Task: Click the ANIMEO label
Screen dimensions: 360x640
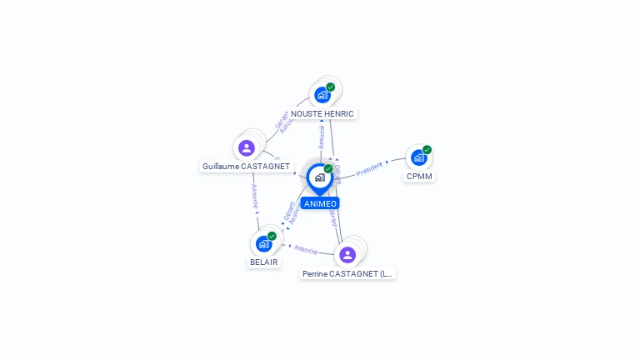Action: [x=320, y=203]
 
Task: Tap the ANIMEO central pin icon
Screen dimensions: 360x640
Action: [x=319, y=177]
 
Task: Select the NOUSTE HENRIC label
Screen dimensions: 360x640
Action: [x=322, y=113]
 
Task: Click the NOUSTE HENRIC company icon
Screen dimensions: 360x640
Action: [x=322, y=94]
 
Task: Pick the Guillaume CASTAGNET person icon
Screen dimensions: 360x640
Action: [x=247, y=148]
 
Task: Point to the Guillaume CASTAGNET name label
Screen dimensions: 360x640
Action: [x=246, y=167]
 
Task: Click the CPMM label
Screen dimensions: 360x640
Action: [x=419, y=176]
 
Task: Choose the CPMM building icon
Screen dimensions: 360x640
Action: [x=418, y=157]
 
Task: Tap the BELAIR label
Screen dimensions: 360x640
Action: [x=264, y=262]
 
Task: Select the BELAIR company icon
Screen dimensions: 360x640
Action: [x=264, y=243]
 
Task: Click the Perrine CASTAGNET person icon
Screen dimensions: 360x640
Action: [x=347, y=254]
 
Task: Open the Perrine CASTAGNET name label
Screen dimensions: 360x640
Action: [x=347, y=273]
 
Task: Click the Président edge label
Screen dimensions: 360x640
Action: [x=369, y=168]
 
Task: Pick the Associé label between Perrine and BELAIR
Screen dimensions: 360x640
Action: [x=306, y=249]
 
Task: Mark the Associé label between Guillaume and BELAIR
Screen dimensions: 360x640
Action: [x=255, y=196]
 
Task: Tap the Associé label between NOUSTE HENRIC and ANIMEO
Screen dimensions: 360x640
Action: [x=322, y=137]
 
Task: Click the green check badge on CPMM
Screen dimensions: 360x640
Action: [x=427, y=150]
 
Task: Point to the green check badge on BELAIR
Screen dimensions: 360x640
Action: [x=272, y=236]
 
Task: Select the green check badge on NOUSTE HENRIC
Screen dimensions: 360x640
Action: [x=331, y=87]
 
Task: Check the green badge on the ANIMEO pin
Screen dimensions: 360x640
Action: [x=328, y=169]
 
